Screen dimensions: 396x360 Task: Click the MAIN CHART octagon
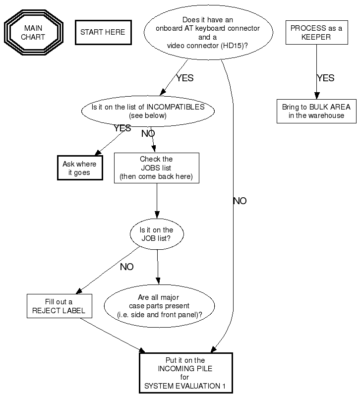tap(33, 33)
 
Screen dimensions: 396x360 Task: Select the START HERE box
tap(103, 33)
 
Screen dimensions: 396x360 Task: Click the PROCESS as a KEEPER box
tap(316, 32)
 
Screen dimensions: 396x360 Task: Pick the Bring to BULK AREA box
tap(316, 112)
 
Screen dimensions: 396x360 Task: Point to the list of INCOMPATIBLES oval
tap(147, 111)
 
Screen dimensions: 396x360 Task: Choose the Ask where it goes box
tap(79, 168)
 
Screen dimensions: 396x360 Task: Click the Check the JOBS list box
tap(156, 168)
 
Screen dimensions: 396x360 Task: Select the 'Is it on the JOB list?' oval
tap(157, 234)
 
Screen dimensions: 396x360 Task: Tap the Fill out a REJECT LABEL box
tap(59, 306)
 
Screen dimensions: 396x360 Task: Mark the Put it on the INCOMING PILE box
tap(185, 373)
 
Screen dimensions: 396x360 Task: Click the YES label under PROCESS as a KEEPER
tap(325, 78)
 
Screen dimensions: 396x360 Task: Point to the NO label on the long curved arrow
tap(240, 201)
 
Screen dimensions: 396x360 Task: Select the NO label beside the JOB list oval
tap(126, 267)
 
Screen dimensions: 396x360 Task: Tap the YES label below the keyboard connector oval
tap(184, 78)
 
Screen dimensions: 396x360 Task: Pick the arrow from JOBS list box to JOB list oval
tap(157, 201)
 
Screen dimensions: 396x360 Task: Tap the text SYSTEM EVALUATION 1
tap(185, 386)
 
